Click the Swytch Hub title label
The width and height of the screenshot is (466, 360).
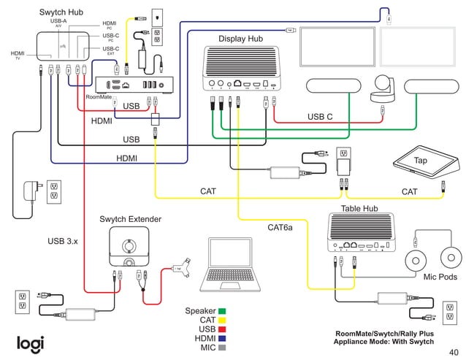(61, 13)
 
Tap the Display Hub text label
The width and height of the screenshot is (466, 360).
(241, 38)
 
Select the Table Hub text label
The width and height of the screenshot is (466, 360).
(359, 209)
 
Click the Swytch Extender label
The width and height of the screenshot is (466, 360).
(130, 219)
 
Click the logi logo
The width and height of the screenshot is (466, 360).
(31, 342)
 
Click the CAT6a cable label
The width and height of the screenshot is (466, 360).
(280, 229)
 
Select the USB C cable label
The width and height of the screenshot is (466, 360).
(320, 117)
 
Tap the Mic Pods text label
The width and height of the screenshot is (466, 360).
(440, 277)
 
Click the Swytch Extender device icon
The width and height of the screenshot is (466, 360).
(129, 247)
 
